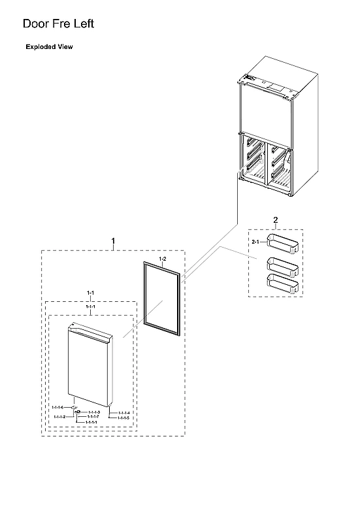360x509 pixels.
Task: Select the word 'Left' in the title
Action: tap(82, 24)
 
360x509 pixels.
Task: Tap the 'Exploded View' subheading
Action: tap(49, 47)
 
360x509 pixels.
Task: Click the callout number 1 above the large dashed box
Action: tap(113, 242)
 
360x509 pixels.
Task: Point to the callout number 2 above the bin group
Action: tap(275, 220)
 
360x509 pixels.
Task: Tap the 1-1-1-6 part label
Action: tap(57, 407)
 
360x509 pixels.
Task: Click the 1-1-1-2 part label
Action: tap(59, 416)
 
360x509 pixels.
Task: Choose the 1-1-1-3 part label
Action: tap(93, 412)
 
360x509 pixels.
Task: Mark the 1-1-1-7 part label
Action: tap(93, 417)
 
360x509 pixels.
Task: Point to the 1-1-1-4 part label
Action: tap(123, 413)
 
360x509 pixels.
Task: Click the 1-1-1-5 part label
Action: tap(123, 418)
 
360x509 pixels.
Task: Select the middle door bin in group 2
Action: tap(282, 267)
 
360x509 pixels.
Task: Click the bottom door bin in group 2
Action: tap(282, 284)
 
